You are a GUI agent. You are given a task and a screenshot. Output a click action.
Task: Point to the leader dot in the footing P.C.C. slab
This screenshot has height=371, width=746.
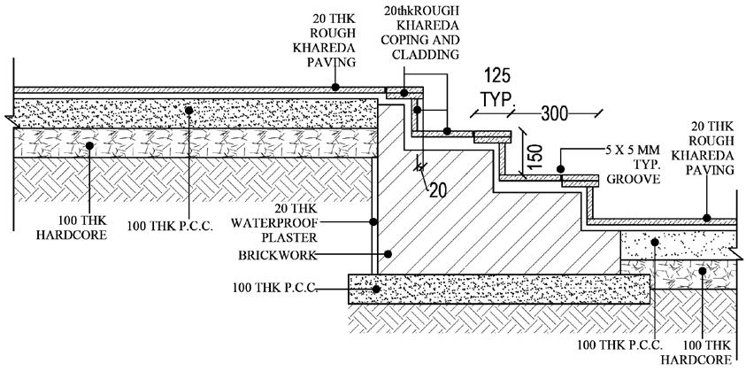(x=377, y=288)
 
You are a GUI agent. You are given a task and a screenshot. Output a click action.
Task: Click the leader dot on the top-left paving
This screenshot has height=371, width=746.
(x=335, y=87)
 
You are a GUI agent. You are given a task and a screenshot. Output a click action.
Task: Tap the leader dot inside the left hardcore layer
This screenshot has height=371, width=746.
(x=89, y=144)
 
